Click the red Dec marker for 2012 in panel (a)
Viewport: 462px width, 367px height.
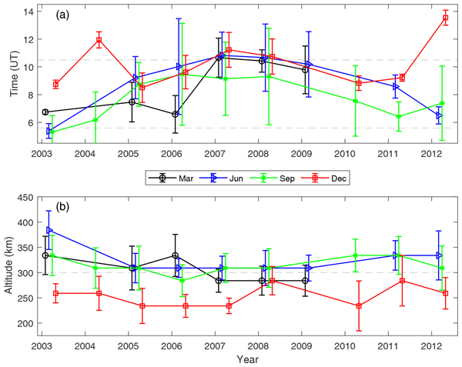click(445, 18)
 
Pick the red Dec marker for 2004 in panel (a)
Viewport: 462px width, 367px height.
click(99, 40)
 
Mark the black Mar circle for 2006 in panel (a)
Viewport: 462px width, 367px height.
click(176, 114)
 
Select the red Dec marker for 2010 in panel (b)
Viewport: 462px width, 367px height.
click(359, 305)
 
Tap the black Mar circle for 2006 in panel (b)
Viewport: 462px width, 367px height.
click(176, 255)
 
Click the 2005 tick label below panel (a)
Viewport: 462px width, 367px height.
click(128, 154)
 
